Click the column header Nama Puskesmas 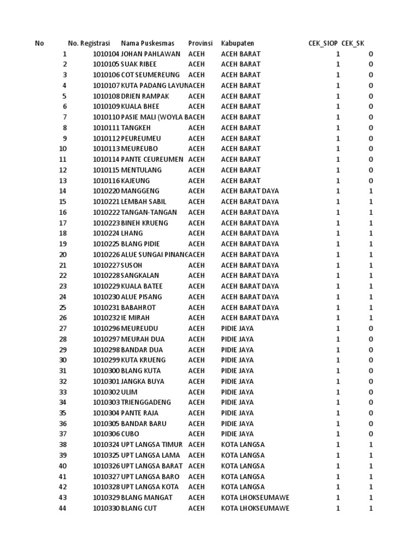click(147, 43)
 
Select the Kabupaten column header click(237, 43)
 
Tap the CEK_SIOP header click(323, 43)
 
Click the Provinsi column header click(200, 43)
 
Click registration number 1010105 click(106, 64)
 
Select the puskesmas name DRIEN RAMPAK click(145, 96)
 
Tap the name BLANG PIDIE click(140, 244)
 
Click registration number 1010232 click(106, 318)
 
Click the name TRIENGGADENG click(146, 402)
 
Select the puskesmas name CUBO click(130, 434)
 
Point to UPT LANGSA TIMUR click(152, 445)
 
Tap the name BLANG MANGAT click(146, 498)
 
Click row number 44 click(63, 508)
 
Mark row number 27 click(63, 329)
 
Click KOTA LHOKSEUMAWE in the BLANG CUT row click(255, 508)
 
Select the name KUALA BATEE click(142, 286)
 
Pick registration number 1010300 click(106, 371)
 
